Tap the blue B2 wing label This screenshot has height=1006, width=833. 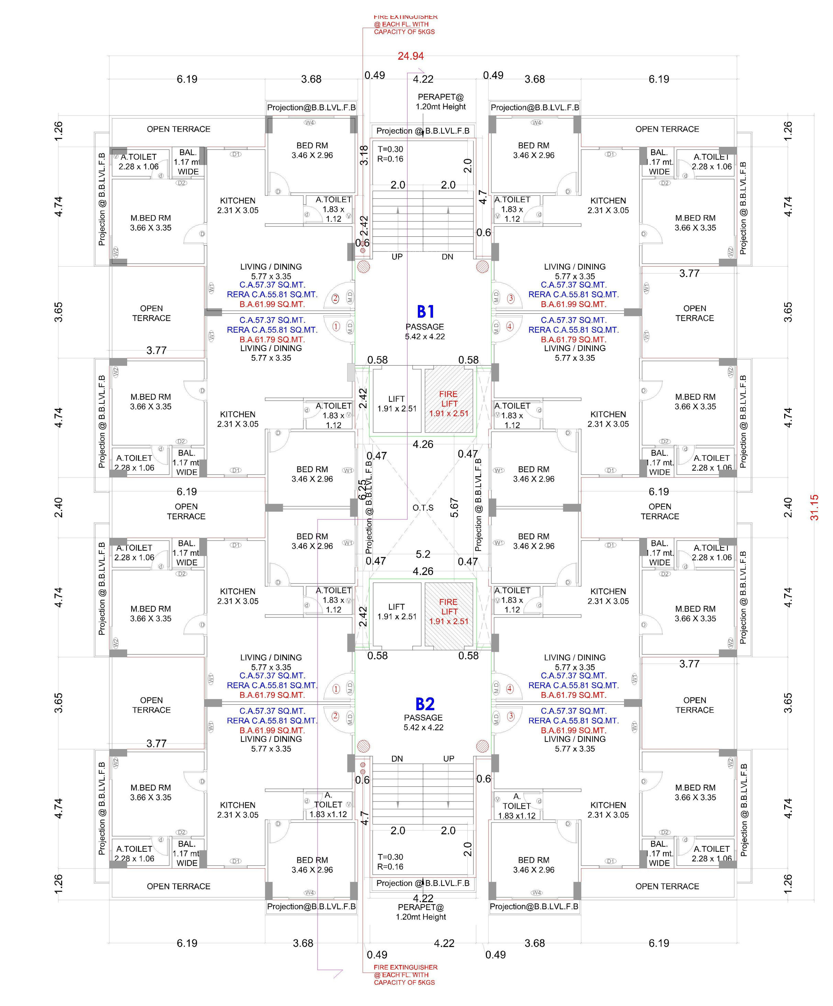click(x=424, y=704)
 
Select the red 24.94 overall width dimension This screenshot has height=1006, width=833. click(x=411, y=56)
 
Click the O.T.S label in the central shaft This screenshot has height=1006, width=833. click(x=423, y=507)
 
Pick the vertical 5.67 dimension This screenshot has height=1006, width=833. click(x=454, y=508)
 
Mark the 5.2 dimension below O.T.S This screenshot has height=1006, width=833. click(x=423, y=554)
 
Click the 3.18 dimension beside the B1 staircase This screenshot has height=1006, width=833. click(x=364, y=155)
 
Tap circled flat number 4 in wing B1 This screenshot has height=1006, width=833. click(x=510, y=327)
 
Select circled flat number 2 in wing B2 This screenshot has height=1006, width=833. click(x=335, y=716)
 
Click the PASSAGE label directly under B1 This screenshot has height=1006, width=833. click(x=424, y=327)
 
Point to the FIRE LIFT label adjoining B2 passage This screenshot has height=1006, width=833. click(x=448, y=611)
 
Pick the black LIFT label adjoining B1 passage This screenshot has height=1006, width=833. click(x=397, y=399)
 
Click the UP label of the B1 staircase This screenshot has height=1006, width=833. click(x=397, y=257)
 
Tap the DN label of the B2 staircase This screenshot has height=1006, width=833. click(x=397, y=759)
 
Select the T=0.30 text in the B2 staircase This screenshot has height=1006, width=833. click(x=390, y=857)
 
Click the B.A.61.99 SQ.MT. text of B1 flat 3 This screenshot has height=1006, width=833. click(x=574, y=304)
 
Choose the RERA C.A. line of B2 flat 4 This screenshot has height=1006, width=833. click(x=574, y=685)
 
